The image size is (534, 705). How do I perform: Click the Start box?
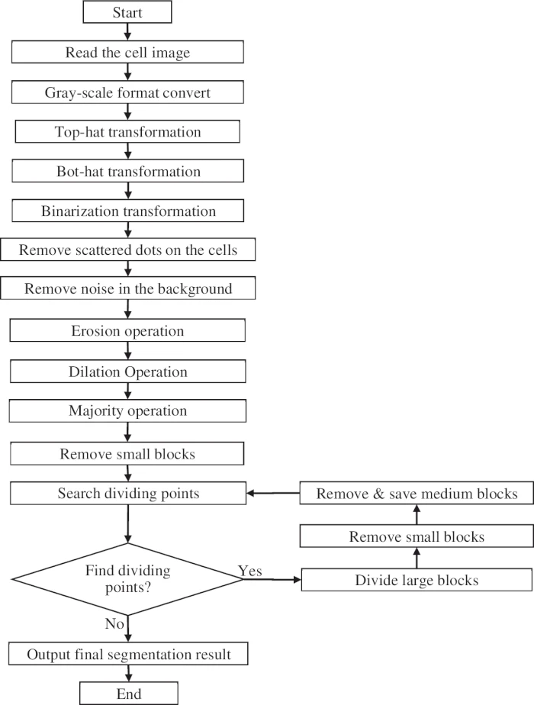(128, 13)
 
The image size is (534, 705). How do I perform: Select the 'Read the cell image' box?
(128, 52)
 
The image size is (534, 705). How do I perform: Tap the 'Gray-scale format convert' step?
(128, 92)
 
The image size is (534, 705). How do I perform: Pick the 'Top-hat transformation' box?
(128, 131)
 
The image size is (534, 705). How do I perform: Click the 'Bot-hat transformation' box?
(128, 171)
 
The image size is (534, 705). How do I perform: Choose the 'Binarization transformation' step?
(128, 211)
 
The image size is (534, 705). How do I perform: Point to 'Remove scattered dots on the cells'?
(128, 249)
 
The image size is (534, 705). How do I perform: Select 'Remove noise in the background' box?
(128, 289)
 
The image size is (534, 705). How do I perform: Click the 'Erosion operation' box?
(128, 330)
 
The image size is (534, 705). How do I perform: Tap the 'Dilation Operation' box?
(128, 372)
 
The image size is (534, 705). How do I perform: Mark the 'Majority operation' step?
(128, 411)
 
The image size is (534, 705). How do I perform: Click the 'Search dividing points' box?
(128, 494)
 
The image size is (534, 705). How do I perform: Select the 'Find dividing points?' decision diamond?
(128, 579)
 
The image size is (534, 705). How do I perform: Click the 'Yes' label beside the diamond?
(250, 571)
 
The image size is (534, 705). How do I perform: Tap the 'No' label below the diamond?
(114, 624)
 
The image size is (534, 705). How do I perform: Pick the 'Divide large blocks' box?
(417, 581)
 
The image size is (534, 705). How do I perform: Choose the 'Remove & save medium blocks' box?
(417, 494)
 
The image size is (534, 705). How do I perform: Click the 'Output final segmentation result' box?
(128, 654)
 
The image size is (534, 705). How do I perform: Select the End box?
(128, 694)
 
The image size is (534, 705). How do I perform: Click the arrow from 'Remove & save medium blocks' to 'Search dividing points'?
(273, 494)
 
